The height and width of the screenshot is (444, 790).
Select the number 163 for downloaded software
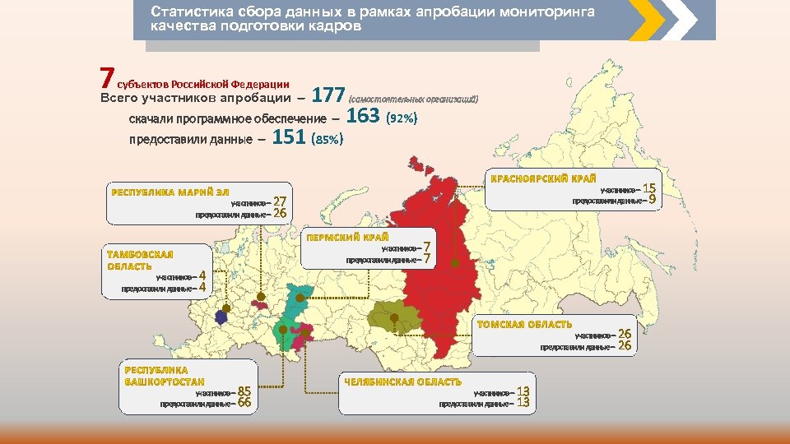(363, 117)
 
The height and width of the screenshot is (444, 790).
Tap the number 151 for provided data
(289, 137)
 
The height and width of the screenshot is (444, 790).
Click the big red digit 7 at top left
(105, 78)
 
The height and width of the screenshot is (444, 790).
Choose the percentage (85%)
(327, 140)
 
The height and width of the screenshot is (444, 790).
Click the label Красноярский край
(543, 178)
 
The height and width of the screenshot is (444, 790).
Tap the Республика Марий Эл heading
(170, 192)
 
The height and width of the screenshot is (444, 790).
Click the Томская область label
(525, 325)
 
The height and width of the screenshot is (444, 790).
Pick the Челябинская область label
(402, 382)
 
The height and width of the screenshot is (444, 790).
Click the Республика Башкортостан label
(165, 376)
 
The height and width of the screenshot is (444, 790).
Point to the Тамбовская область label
(140, 260)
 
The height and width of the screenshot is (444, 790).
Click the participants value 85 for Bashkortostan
(244, 391)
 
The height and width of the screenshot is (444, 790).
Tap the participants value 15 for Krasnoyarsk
(649, 188)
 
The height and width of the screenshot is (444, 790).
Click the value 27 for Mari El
(280, 201)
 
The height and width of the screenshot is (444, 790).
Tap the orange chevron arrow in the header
(647, 19)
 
